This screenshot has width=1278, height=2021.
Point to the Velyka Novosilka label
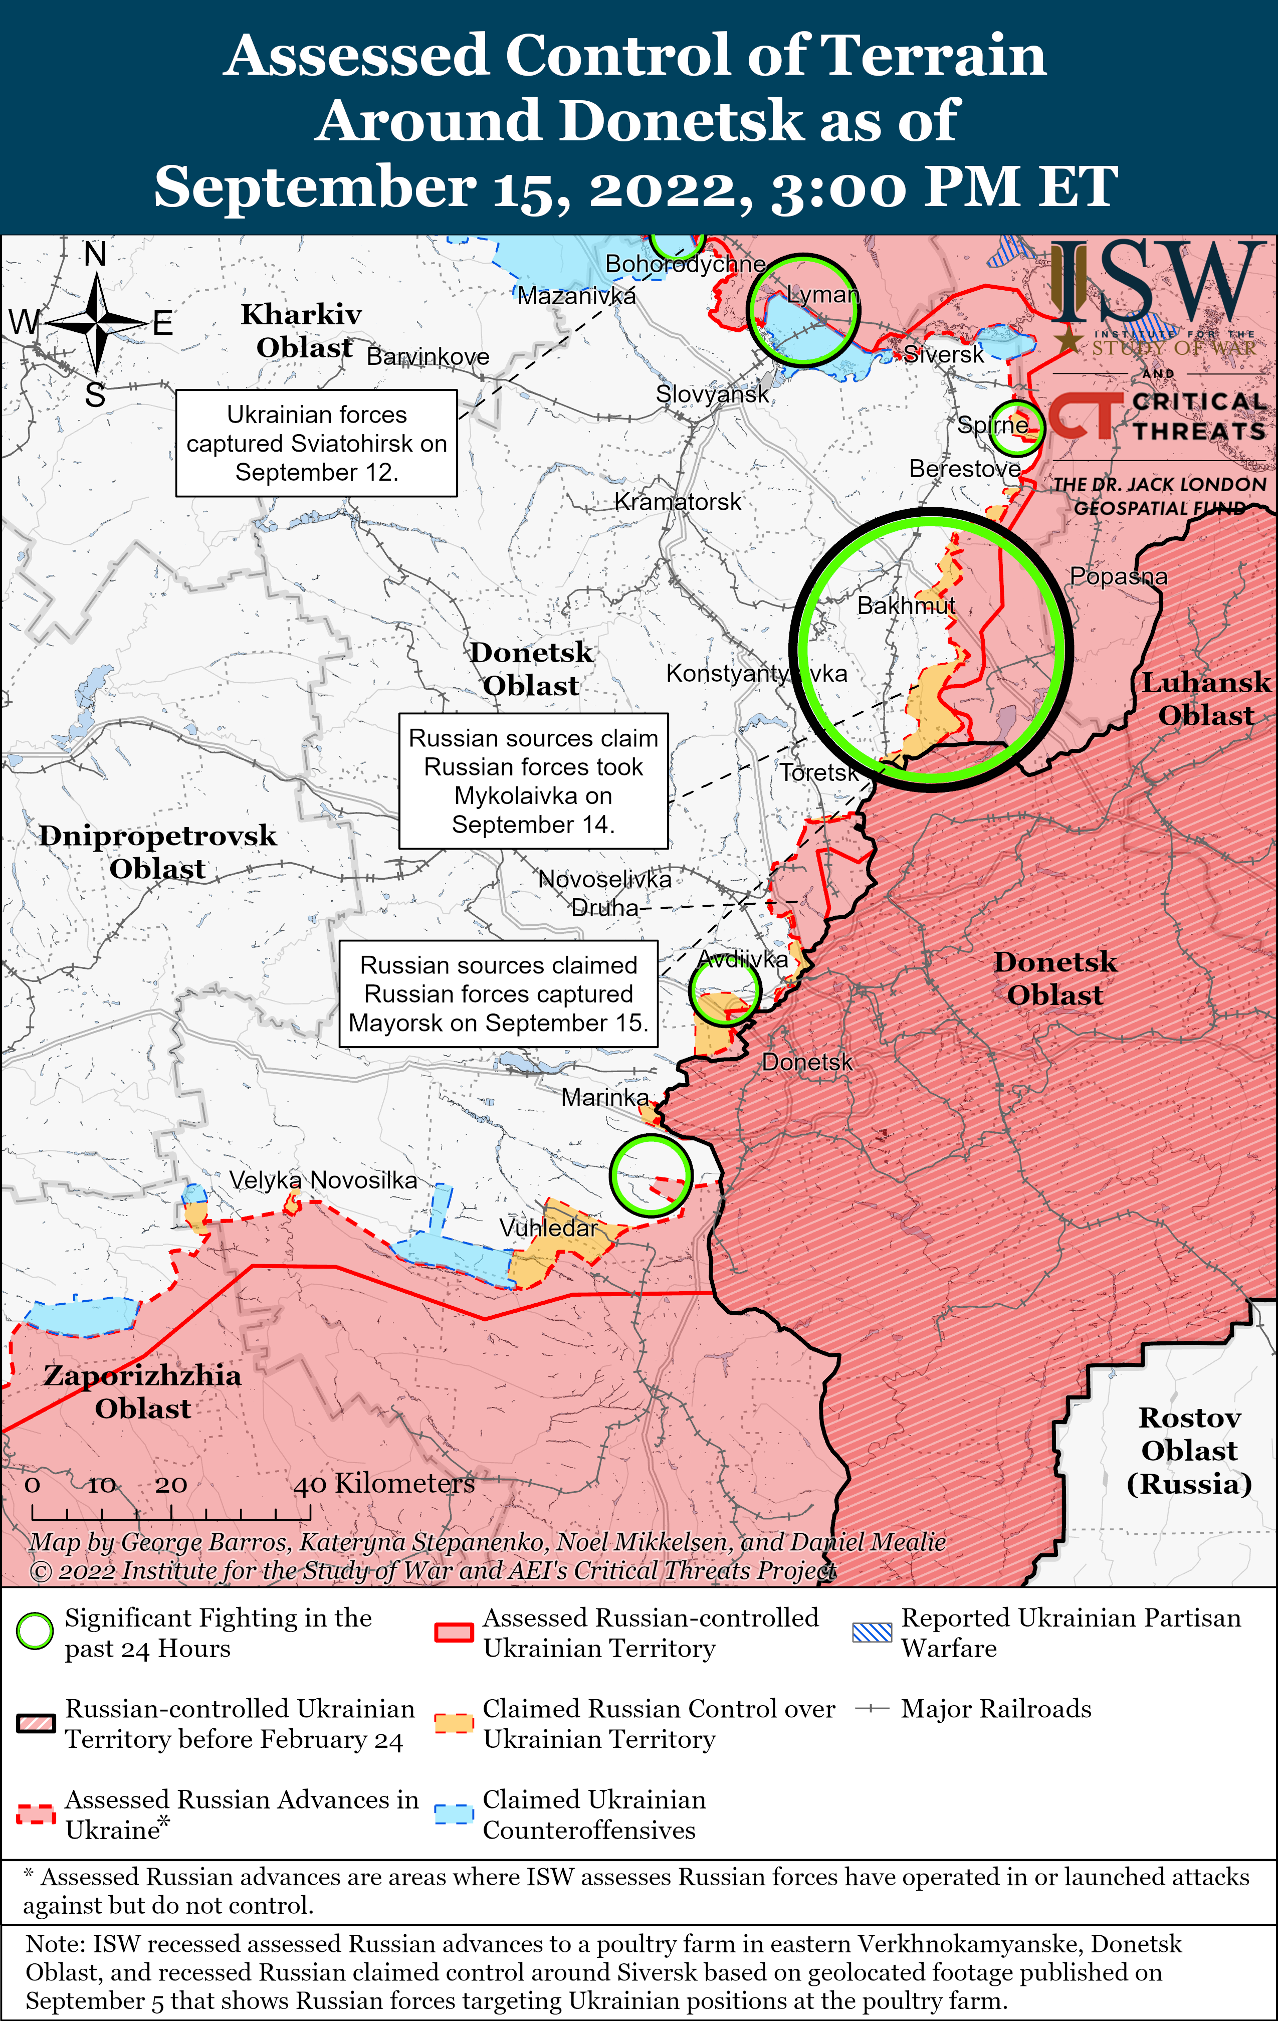[323, 1180]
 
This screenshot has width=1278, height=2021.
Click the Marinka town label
[604, 1097]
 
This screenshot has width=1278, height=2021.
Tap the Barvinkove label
[428, 357]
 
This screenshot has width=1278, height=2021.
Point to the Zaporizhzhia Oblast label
[143, 1391]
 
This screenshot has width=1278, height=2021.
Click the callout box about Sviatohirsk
[316, 443]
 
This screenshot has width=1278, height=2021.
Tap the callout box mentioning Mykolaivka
[534, 780]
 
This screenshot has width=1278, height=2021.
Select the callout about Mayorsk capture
[499, 994]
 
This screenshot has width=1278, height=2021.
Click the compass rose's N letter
[96, 254]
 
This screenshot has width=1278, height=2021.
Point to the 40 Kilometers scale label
[384, 1484]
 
